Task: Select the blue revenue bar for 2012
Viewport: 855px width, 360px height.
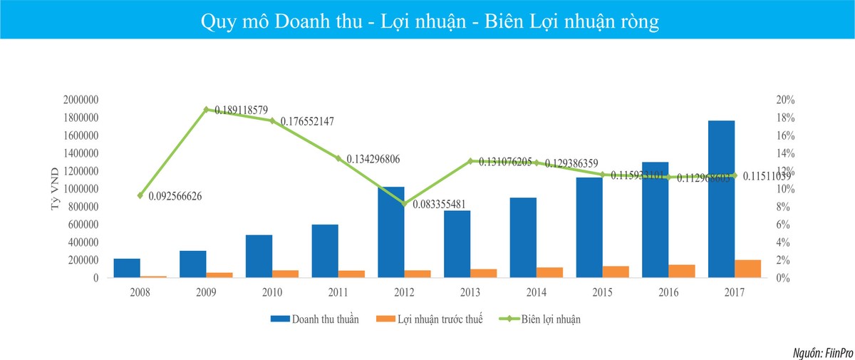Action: click(391, 232)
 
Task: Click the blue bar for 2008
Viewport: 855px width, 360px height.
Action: click(127, 268)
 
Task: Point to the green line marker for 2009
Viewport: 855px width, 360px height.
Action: click(206, 110)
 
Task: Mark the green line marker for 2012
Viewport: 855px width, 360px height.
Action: click(405, 204)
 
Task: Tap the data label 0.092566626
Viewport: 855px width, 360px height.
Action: click(185, 195)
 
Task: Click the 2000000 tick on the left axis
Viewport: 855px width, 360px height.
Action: click(80, 100)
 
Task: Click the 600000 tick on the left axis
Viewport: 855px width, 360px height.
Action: click(83, 225)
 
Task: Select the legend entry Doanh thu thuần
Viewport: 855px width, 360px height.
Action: click(325, 319)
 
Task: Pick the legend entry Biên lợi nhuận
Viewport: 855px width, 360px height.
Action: click(545, 319)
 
